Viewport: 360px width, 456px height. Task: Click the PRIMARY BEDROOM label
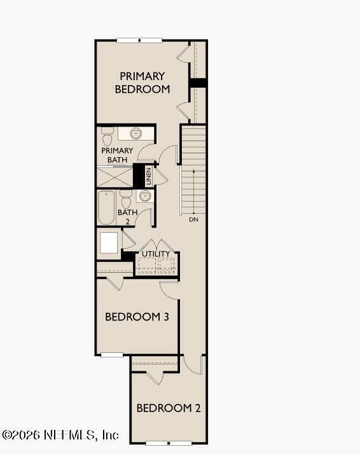point(142,83)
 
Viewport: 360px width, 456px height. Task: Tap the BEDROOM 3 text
point(136,316)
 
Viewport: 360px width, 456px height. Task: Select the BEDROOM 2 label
point(169,408)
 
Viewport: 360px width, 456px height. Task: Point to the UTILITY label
point(156,254)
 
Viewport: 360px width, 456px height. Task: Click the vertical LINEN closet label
point(148,176)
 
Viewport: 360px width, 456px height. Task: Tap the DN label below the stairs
point(193,219)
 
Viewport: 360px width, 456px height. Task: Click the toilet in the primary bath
point(107,135)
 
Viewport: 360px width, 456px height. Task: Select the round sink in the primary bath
point(135,134)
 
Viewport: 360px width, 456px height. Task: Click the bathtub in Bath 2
point(106,207)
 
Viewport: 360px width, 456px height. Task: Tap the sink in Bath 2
point(145,196)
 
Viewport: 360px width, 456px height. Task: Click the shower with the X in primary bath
point(114,177)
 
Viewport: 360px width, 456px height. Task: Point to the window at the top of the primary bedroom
point(139,41)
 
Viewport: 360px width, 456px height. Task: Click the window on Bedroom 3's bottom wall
point(112,354)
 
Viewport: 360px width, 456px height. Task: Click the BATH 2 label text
point(127,217)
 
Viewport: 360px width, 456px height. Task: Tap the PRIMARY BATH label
point(117,155)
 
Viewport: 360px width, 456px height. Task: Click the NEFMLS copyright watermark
point(60,435)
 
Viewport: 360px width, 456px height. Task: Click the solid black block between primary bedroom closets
point(198,83)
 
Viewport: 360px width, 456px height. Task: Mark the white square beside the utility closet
point(109,243)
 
